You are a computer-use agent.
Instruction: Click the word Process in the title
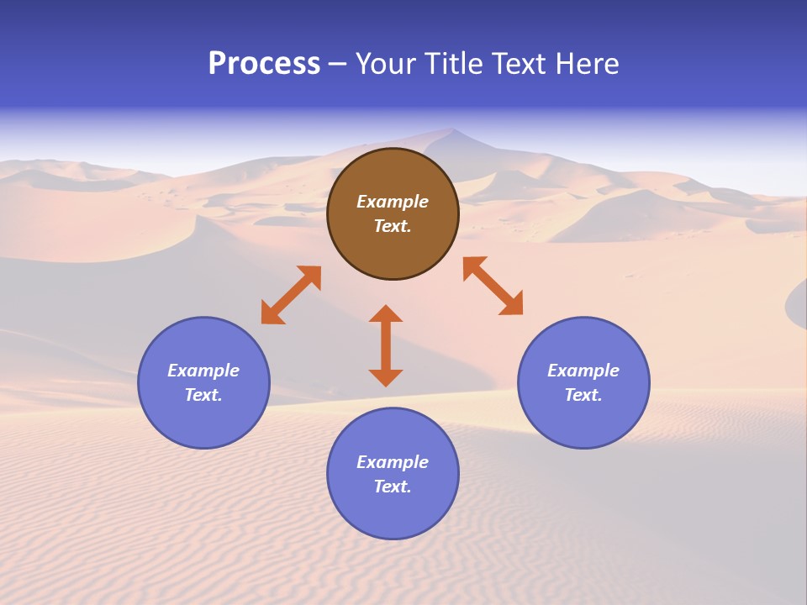point(264,64)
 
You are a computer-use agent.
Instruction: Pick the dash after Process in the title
point(338,65)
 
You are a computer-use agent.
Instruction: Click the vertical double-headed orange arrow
point(386,345)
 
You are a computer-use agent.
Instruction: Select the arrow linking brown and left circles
point(291,295)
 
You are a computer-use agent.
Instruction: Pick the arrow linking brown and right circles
point(493,286)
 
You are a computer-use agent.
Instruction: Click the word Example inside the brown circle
point(393,202)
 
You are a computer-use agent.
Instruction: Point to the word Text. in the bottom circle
point(393,487)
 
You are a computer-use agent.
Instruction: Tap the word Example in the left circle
point(203,371)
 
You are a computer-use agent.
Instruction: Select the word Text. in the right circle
point(583,395)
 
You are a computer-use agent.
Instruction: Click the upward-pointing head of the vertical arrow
point(386,313)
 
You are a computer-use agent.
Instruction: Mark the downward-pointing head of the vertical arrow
point(386,377)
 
